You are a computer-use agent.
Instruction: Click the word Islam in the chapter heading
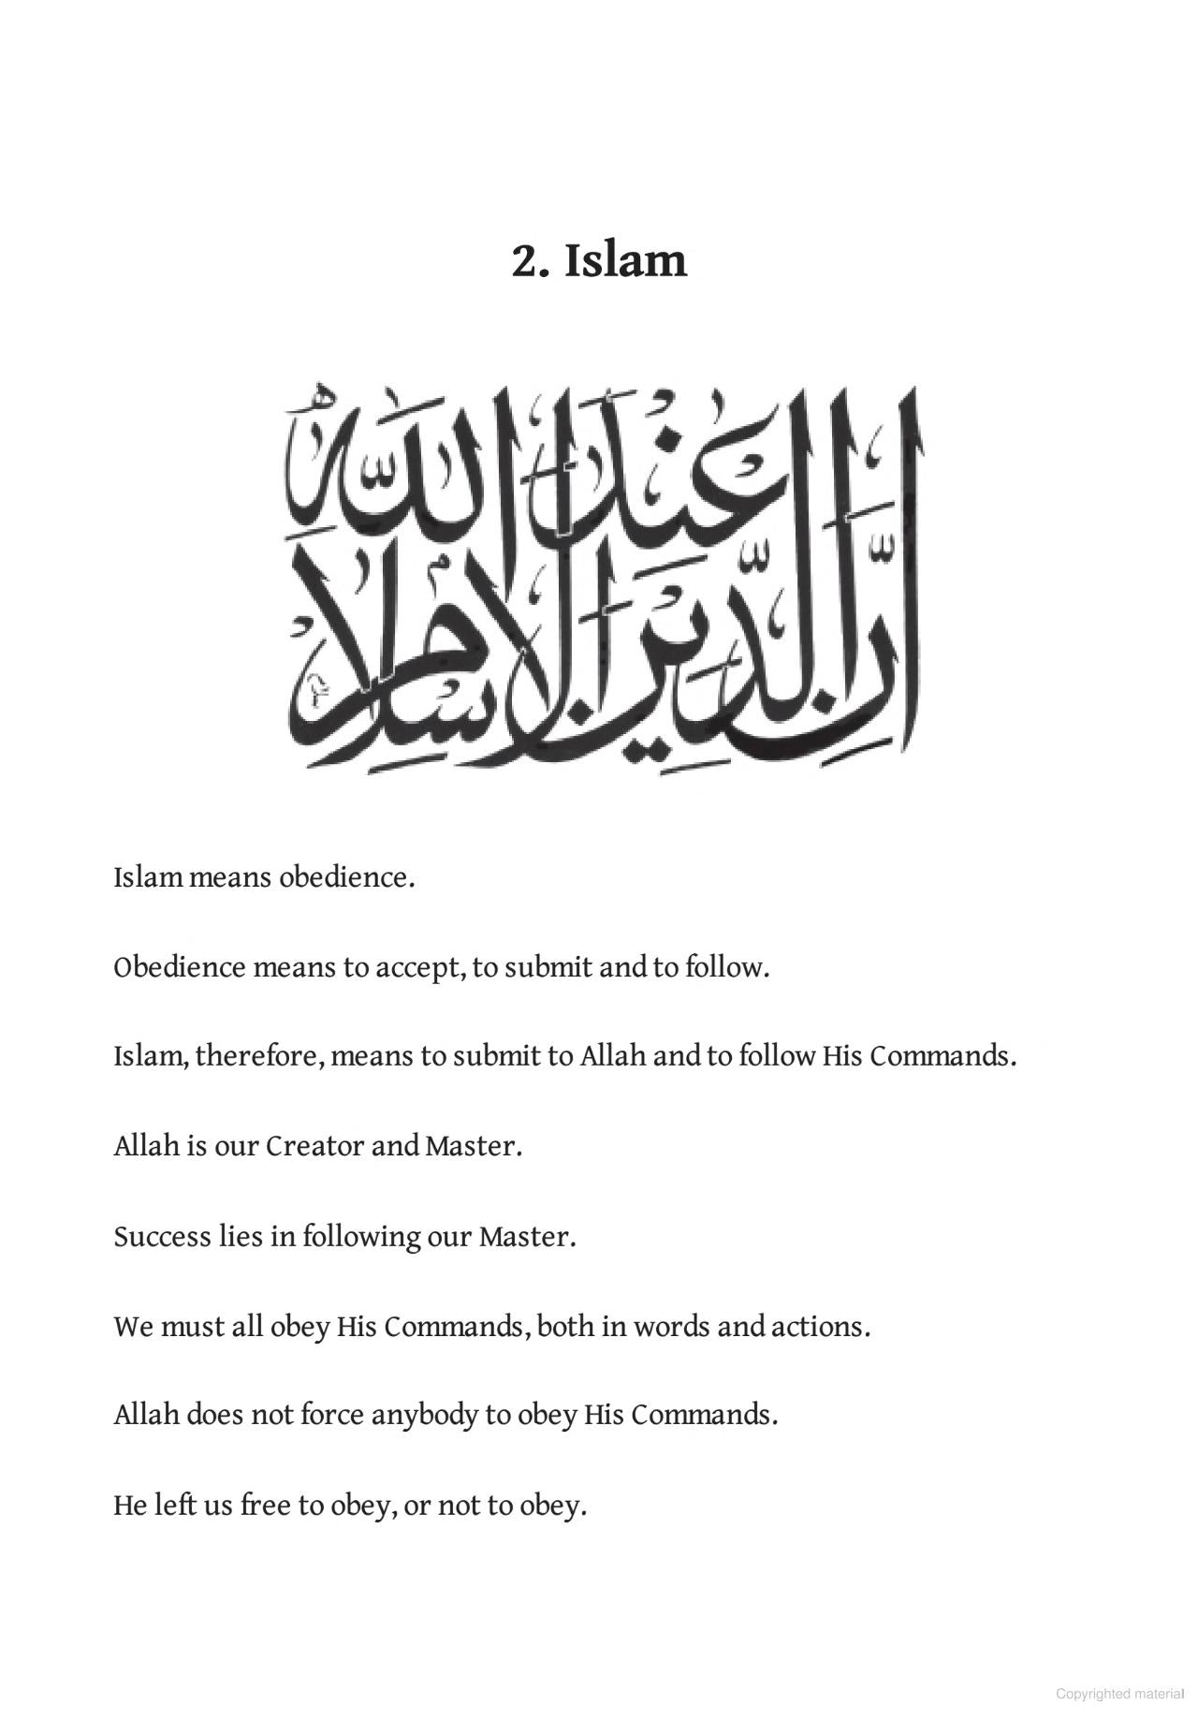click(x=625, y=260)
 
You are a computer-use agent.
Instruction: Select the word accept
click(x=418, y=967)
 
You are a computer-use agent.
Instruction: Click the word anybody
click(x=424, y=1415)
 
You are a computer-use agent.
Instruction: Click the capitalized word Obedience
click(x=179, y=967)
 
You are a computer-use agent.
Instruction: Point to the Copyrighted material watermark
click(x=1119, y=1694)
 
